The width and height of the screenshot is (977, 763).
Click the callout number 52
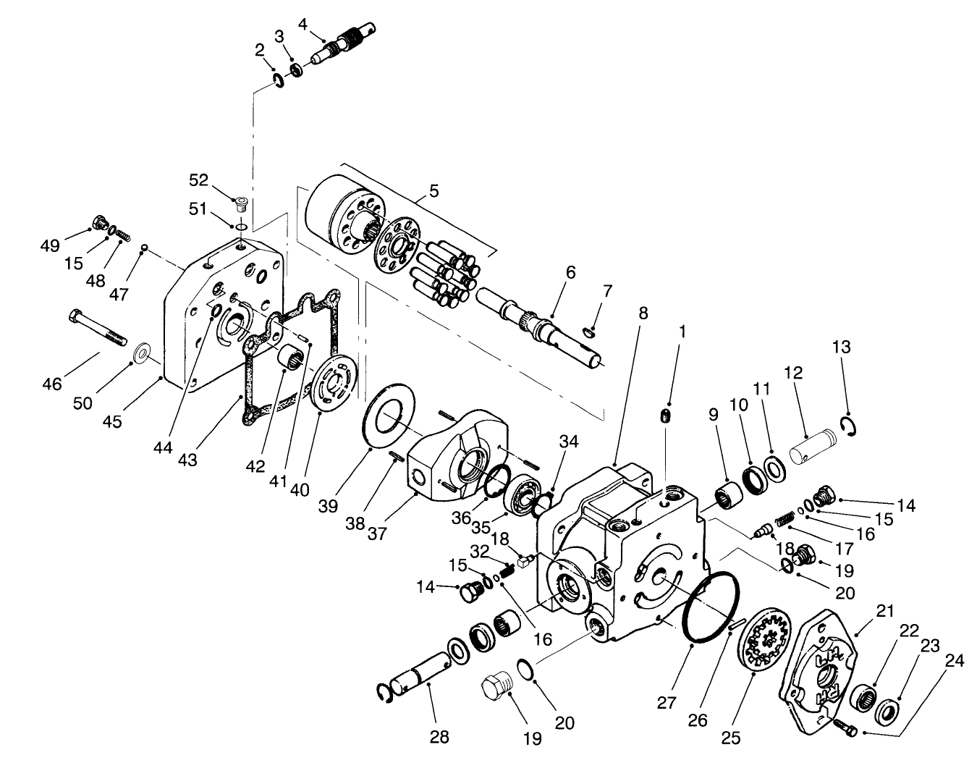click(199, 180)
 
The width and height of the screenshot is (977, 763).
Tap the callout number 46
click(52, 384)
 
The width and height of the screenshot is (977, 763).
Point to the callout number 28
click(439, 737)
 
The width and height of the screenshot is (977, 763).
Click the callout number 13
click(841, 347)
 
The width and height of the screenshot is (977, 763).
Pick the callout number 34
click(569, 442)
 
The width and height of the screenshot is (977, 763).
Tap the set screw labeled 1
click(667, 416)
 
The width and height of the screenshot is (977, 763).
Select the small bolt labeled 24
click(843, 724)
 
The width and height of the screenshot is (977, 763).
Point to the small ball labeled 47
click(145, 248)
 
